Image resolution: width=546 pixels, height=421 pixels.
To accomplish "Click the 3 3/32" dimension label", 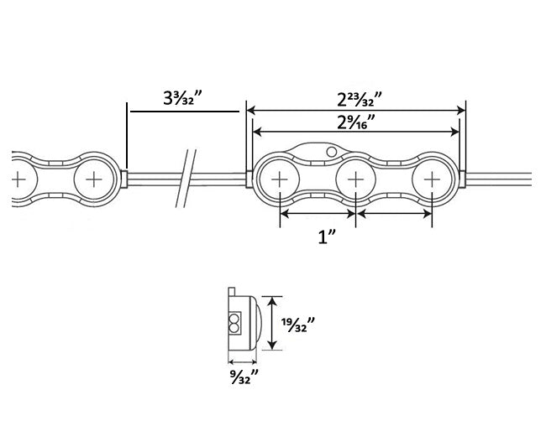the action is (x=183, y=97).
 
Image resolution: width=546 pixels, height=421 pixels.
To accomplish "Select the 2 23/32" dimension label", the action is (x=360, y=100).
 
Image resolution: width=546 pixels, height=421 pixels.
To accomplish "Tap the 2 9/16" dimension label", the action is (x=356, y=122).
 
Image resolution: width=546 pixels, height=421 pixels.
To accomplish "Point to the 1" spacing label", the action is (x=327, y=237).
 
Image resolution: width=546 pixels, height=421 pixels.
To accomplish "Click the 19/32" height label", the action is (x=298, y=325).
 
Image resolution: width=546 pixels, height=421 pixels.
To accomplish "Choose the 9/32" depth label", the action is (x=244, y=377).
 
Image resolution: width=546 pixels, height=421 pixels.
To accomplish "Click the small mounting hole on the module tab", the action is (x=332, y=152).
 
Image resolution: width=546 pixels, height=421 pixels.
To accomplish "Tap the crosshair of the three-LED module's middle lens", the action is (x=355, y=179).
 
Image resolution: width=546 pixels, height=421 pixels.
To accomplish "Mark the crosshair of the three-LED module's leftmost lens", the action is (x=279, y=179).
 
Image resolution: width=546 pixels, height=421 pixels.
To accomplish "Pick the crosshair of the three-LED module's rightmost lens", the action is (x=432, y=179).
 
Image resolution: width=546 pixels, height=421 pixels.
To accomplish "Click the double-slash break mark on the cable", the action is (x=186, y=179).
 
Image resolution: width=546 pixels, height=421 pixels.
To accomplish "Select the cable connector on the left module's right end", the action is (x=124, y=179).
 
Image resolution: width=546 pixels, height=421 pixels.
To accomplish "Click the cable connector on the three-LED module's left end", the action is (x=249, y=179).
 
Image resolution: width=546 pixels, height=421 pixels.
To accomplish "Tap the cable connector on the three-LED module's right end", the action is (x=462, y=179).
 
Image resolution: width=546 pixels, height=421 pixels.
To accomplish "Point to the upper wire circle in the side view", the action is (x=235, y=319).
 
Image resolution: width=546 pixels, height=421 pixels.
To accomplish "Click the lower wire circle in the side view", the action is (x=235, y=327).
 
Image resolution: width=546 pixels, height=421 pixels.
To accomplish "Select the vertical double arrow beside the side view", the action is (x=272, y=323).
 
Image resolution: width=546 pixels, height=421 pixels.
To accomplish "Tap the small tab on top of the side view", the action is (x=232, y=291).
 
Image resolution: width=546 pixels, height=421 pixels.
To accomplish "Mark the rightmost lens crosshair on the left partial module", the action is (x=93, y=179).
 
